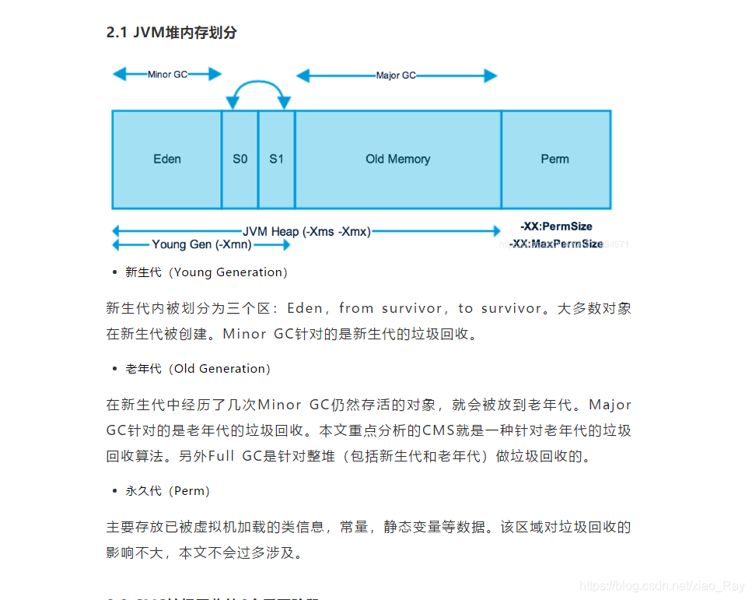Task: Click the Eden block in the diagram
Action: pos(166,160)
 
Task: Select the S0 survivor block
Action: pos(240,160)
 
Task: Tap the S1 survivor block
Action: pos(277,160)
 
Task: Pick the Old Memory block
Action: pos(397,160)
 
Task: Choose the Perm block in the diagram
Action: pos(554,160)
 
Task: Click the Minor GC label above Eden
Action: pos(167,75)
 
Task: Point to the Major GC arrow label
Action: pos(396,75)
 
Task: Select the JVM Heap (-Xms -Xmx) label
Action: pos(306,231)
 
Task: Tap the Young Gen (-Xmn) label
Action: pos(201,244)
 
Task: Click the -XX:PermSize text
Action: pos(556,226)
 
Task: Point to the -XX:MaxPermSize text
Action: pos(556,244)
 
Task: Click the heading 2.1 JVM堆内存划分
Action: pos(171,33)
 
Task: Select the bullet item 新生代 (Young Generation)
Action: pos(206,272)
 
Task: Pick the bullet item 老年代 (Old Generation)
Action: pos(198,369)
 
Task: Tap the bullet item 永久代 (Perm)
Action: pos(167,491)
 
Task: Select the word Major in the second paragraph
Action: pos(610,405)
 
